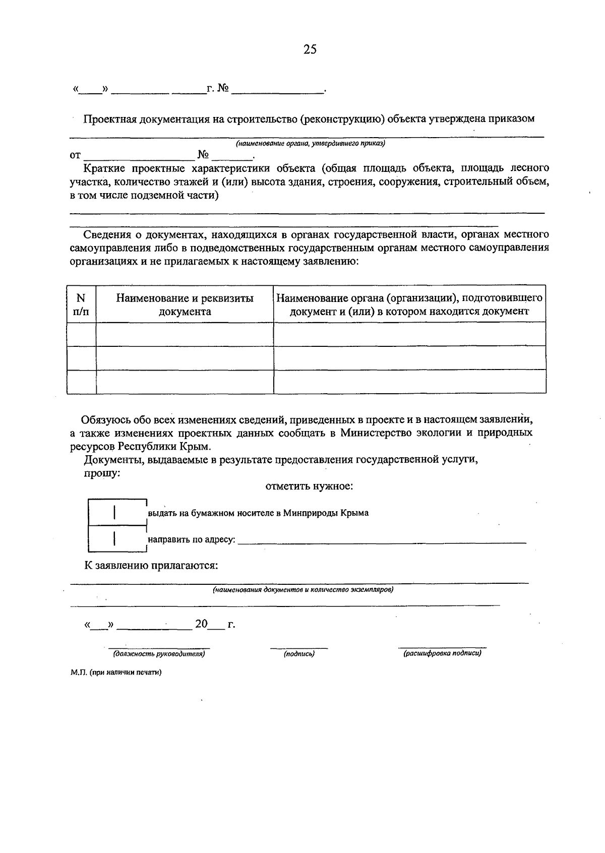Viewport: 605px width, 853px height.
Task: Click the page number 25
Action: (310, 49)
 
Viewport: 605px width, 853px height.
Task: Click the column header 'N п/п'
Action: (81, 304)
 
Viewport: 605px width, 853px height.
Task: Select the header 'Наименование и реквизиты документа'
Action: (185, 304)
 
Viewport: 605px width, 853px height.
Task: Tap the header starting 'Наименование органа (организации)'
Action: (409, 304)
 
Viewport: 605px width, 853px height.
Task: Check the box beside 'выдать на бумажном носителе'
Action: (116, 512)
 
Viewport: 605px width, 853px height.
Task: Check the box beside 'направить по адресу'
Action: (116, 539)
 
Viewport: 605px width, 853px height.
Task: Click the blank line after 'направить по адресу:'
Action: (381, 540)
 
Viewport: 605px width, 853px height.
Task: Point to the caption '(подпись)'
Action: (299, 653)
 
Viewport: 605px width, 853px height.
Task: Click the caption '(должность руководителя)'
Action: (159, 653)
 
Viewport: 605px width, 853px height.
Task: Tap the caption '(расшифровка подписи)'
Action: (442, 653)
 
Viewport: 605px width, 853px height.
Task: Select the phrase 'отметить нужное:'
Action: (309, 486)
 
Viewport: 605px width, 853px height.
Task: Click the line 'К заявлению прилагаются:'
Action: (151, 565)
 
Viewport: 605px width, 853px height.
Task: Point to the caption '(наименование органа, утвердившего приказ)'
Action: (311, 144)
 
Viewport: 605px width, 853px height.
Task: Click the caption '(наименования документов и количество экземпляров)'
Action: (302, 589)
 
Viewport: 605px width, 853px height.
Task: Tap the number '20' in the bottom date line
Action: (201, 624)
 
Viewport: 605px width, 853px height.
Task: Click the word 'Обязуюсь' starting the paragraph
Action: (106, 419)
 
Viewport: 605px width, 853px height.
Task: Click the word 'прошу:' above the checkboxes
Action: (101, 473)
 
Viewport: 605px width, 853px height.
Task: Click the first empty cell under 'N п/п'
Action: (81, 334)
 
